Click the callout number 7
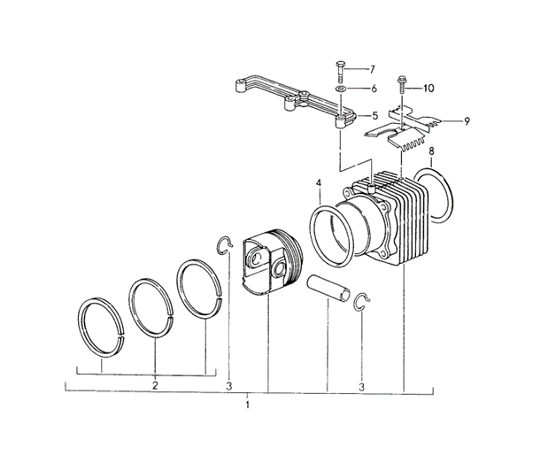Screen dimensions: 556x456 [372, 69]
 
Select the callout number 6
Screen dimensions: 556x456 [374, 89]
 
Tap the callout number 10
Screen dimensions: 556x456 [429, 88]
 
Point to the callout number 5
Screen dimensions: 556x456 [375, 116]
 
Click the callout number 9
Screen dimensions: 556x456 [467, 121]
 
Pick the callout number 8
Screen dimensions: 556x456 [431, 151]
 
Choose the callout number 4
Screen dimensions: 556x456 [319, 183]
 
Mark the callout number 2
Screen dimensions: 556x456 [155, 385]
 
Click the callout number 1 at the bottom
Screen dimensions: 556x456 [248, 405]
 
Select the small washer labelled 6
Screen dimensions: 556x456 [340, 89]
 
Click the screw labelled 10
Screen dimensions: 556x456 [402, 84]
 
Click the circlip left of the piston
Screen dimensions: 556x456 [224, 246]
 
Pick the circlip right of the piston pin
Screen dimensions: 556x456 [362, 303]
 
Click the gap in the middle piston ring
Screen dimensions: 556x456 [171, 315]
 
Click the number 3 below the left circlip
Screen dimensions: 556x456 [229, 386]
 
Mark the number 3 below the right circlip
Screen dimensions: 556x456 [361, 387]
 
